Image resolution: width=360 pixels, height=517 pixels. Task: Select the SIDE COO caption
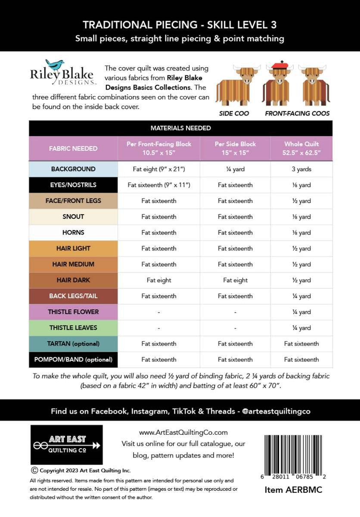234,114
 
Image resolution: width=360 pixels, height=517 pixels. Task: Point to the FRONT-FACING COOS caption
297,114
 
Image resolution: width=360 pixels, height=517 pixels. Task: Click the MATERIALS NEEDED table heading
180,128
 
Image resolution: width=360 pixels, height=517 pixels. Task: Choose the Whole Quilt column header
301,148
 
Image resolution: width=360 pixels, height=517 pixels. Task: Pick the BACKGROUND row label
73,169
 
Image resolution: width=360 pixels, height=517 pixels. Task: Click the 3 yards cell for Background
301,169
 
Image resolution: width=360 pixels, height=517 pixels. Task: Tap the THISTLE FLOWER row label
74,312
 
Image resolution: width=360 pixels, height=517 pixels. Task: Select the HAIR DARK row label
73,280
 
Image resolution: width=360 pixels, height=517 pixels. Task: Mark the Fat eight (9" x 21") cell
159,169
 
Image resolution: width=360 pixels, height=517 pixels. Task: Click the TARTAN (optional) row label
73,344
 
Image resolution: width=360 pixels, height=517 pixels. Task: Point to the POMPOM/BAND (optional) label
73,359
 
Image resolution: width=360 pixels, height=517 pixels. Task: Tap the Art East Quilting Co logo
66,444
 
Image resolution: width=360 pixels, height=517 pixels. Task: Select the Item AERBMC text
293,490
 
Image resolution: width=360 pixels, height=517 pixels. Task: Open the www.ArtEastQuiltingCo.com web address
183,432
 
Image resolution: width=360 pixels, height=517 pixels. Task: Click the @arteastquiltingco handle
276,411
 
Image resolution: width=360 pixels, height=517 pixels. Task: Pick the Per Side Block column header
235,148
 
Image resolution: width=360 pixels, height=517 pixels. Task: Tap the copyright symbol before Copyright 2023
34,470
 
